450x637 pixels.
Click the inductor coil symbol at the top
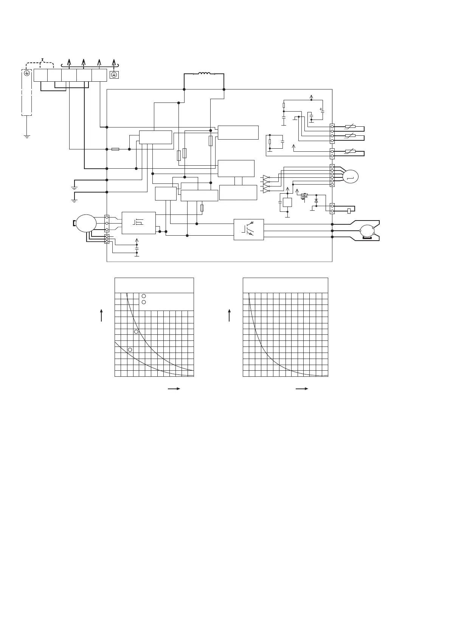[204, 74]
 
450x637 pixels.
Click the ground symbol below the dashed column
[27, 135]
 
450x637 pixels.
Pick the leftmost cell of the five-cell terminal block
[40, 75]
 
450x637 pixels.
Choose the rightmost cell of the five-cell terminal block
[99, 75]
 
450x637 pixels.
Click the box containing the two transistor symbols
[248, 229]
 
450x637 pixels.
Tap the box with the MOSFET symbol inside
[138, 223]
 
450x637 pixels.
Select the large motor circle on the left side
[86, 223]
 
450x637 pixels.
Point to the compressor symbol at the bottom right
[367, 231]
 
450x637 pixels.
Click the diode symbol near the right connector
[316, 200]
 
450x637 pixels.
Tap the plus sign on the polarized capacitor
[321, 109]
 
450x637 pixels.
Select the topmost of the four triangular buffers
[266, 177]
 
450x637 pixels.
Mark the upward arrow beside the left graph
[101, 315]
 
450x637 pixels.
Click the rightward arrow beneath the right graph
[301, 388]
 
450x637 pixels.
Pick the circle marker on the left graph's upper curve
[136, 332]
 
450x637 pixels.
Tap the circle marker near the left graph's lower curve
[130, 349]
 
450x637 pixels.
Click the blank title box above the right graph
[285, 285]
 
